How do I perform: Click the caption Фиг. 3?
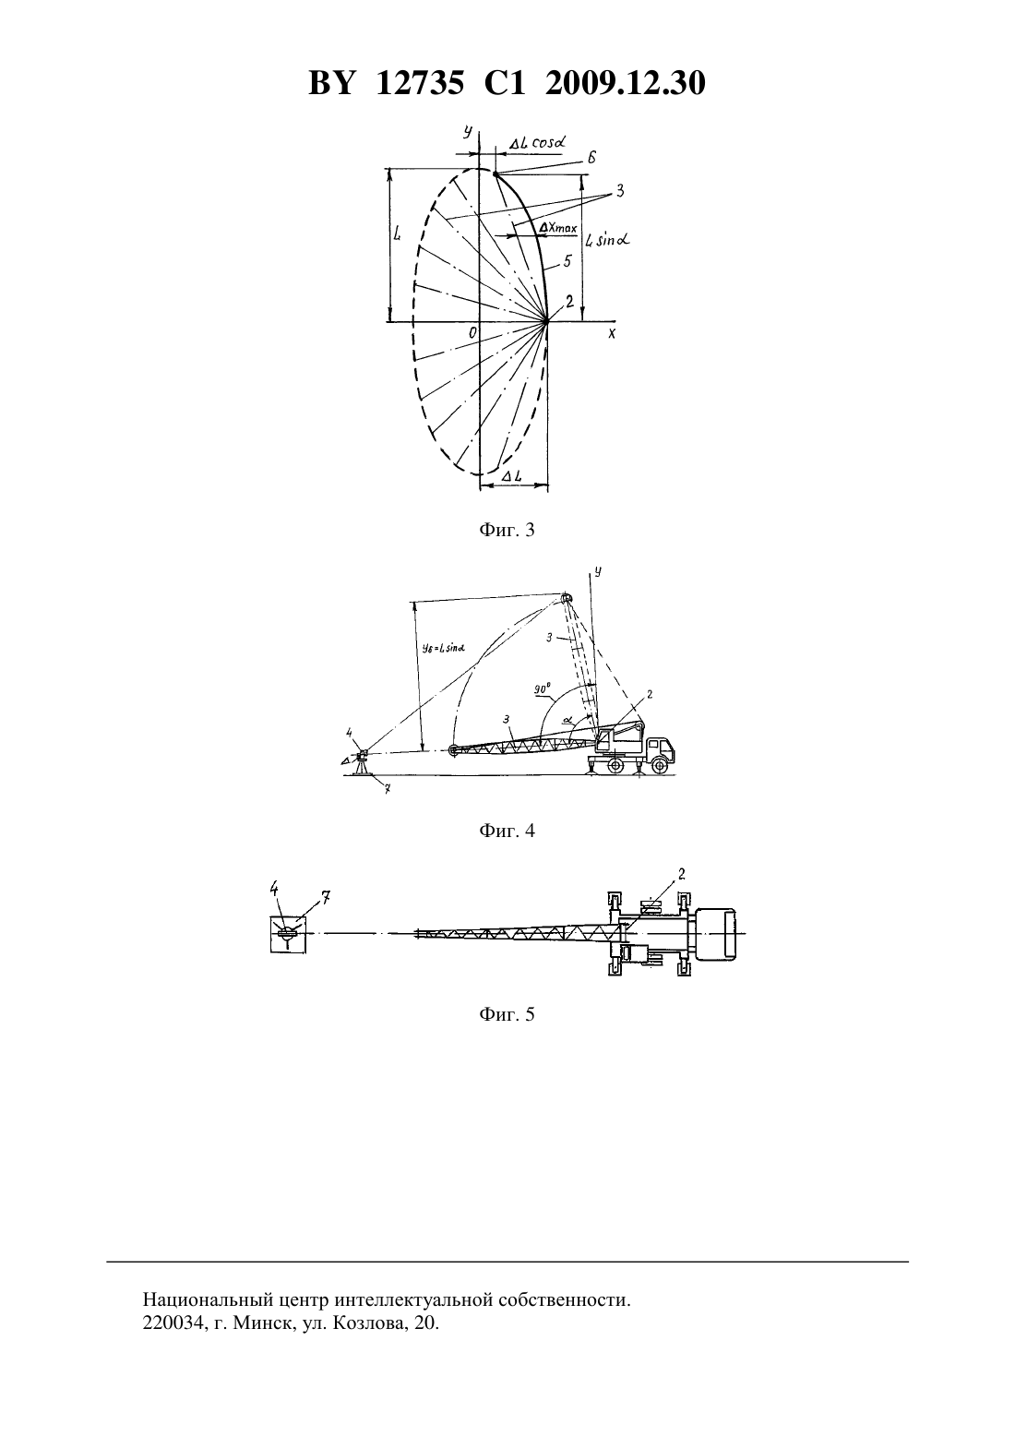(x=507, y=530)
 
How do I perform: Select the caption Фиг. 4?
(x=507, y=831)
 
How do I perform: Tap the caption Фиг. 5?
(x=507, y=1014)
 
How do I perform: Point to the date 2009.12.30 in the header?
(x=626, y=83)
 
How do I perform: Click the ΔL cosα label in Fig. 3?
(x=537, y=143)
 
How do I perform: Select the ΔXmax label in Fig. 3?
(x=558, y=228)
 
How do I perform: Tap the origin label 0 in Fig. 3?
(x=472, y=332)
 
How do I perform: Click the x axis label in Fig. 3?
(x=611, y=333)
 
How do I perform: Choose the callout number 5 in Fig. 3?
(x=567, y=261)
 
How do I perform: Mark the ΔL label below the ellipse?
(x=512, y=475)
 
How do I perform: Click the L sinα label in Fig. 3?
(x=608, y=240)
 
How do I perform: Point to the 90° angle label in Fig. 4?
(x=543, y=689)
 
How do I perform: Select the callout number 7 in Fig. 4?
(x=387, y=790)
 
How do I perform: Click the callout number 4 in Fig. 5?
(x=274, y=888)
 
